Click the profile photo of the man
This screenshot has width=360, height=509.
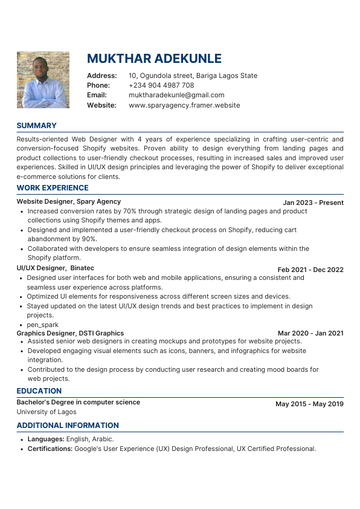point(43,79)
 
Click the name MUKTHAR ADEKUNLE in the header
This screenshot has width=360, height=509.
point(154,59)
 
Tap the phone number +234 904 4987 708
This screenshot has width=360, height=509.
point(161,85)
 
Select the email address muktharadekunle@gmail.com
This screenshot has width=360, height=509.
point(176,95)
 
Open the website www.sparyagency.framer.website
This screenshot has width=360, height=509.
point(184,105)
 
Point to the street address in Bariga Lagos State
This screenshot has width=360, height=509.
point(193,76)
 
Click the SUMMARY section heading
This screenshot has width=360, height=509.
point(36,126)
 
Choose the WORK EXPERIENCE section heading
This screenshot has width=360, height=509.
point(53,188)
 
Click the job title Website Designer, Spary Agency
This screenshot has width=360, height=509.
point(68,201)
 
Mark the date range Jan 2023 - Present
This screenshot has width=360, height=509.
point(313,203)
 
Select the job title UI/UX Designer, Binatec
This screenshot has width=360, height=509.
point(55,268)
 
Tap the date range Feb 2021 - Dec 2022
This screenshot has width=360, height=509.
point(310,270)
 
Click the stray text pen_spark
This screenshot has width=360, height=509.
point(42,325)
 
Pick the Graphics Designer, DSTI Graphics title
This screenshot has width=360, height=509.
point(70,333)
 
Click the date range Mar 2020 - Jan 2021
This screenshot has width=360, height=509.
point(310,333)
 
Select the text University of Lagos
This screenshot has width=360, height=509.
point(47,412)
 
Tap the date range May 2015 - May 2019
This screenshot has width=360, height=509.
point(309,404)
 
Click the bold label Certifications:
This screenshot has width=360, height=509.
point(50,449)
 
